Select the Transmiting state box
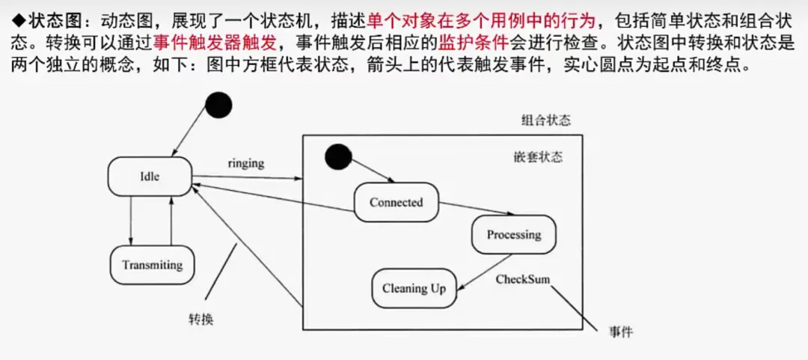pyautogui.click(x=152, y=265)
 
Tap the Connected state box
pyautogui.click(x=396, y=202)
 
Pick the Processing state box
pyautogui.click(x=514, y=234)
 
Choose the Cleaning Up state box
pyautogui.click(x=414, y=288)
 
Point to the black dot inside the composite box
pyautogui.click(x=338, y=156)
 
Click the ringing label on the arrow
pyautogui.click(x=246, y=163)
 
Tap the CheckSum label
pyautogui.click(x=523, y=279)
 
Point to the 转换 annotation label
pyautogui.click(x=201, y=319)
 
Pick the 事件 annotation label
pyautogui.click(x=621, y=332)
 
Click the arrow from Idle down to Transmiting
pyautogui.click(x=131, y=222)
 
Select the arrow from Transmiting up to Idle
pyautogui.click(x=171, y=222)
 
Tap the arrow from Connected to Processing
pyautogui.click(x=471, y=209)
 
